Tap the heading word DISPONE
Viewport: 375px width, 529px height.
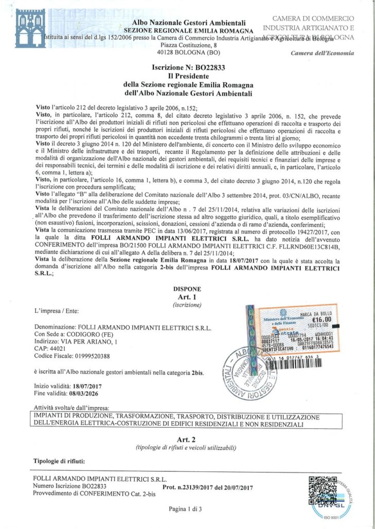tap(187, 289)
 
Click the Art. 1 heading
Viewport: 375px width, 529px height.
tap(187, 297)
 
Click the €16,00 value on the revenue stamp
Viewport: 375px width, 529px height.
tap(322, 319)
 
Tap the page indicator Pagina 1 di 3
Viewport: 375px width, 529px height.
tap(187, 509)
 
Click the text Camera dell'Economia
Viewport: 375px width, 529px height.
tap(322, 53)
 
